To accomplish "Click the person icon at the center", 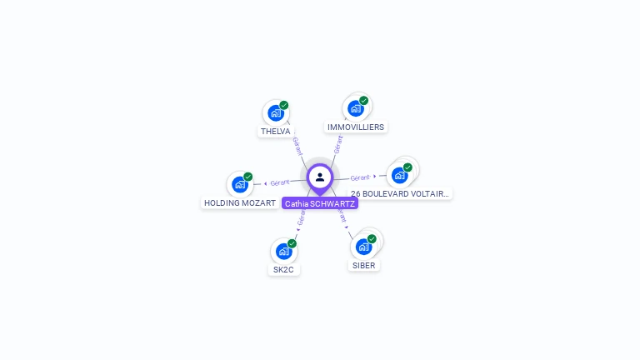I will click(x=320, y=177).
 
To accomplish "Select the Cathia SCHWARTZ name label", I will click(x=320, y=203).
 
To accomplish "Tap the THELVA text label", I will click(x=276, y=132).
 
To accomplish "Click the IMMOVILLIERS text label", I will click(x=356, y=127).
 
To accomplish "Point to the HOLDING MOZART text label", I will click(x=240, y=203).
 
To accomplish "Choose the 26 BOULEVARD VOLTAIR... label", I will click(x=400, y=194).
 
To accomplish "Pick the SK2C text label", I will click(x=284, y=270).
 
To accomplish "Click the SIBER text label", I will click(x=364, y=266).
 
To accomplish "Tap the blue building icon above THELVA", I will click(x=275, y=113).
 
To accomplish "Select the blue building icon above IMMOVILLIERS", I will click(x=356, y=108).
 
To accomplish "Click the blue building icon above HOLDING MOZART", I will click(x=240, y=184).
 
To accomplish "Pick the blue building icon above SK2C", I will click(x=283, y=251).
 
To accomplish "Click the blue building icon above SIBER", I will click(x=363, y=247).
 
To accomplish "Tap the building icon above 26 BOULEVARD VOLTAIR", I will click(x=400, y=175).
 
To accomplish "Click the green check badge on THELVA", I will click(x=284, y=106).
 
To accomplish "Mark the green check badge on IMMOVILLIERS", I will click(x=364, y=101).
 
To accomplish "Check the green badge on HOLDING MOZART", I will click(x=248, y=177).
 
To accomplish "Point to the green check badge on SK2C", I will click(x=292, y=243).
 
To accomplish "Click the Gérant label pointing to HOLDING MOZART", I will click(x=280, y=182).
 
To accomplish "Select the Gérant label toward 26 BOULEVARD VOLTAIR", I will click(x=360, y=177).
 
